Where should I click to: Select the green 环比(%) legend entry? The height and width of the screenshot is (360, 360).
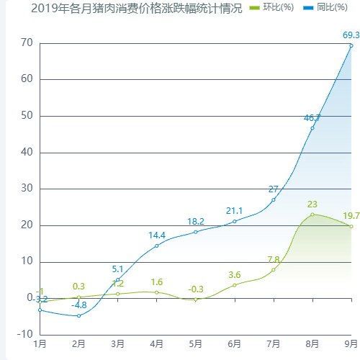(271, 8)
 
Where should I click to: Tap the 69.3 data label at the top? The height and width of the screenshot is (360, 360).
(351, 35)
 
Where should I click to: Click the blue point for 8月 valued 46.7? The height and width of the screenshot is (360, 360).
(312, 128)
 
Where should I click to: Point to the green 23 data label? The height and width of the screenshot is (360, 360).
(312, 204)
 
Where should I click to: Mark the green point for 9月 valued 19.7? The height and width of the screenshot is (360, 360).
(351, 226)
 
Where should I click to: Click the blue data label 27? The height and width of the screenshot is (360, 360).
(274, 189)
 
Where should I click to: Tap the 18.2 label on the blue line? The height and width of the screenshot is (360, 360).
(196, 222)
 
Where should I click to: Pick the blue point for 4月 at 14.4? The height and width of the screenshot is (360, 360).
(157, 246)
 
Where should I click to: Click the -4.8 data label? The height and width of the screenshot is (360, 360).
(79, 305)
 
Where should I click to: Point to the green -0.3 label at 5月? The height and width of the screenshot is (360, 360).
(196, 289)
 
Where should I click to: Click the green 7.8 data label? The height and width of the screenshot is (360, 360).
(274, 260)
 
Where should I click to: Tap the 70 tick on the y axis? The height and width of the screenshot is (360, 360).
(26, 43)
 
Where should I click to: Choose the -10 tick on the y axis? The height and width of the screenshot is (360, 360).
(24, 335)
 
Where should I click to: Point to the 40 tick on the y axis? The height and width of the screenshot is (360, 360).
(26, 153)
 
